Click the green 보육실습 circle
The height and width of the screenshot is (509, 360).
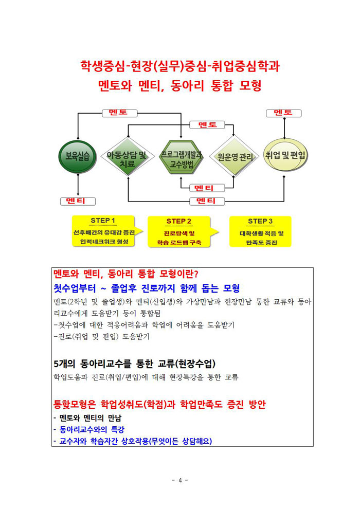point(78,156)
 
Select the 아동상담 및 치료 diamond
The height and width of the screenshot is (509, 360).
point(128,156)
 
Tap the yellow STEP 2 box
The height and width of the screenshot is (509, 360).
point(182,232)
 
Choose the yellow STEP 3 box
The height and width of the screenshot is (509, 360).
point(260,231)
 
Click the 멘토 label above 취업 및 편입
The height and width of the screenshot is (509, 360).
point(283,113)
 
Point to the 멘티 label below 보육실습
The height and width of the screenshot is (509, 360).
point(78,201)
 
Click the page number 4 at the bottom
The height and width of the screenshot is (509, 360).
point(180,480)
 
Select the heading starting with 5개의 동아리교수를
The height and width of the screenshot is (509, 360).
point(135,363)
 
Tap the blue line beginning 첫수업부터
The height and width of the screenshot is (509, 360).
point(147,288)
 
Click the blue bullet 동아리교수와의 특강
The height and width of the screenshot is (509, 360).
point(89,429)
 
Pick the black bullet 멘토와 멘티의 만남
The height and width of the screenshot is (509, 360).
point(87,418)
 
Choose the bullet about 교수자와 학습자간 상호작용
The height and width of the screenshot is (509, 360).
point(133,441)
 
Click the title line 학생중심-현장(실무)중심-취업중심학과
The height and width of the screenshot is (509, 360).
point(180,66)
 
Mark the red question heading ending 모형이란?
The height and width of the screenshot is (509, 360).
point(126,274)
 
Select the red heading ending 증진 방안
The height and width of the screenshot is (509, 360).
point(160,404)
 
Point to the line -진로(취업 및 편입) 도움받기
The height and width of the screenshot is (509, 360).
point(102,336)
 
